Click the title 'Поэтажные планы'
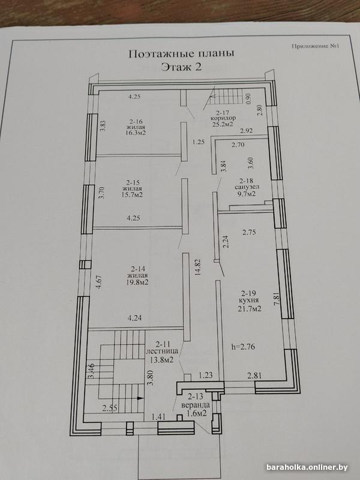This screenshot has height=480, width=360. (181, 53)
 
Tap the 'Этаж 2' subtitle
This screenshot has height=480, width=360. (181, 67)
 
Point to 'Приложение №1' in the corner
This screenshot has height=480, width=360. (316, 46)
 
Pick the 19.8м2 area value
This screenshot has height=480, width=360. (137, 282)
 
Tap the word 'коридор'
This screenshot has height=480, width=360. (223, 118)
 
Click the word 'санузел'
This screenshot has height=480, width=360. (247, 187)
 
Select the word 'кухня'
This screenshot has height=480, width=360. (248, 301)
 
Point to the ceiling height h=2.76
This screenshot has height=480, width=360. (244, 347)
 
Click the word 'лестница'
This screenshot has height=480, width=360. (162, 352)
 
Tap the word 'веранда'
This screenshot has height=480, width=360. (196, 406)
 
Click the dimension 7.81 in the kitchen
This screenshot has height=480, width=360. (277, 298)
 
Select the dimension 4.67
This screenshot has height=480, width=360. (98, 283)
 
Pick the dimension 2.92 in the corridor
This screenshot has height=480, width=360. (247, 131)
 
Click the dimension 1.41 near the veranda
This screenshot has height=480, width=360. (159, 416)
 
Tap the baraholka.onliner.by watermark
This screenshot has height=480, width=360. (307, 467)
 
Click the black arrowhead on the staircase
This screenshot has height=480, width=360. (140, 398)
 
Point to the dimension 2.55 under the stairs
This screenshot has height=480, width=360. (110, 408)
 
